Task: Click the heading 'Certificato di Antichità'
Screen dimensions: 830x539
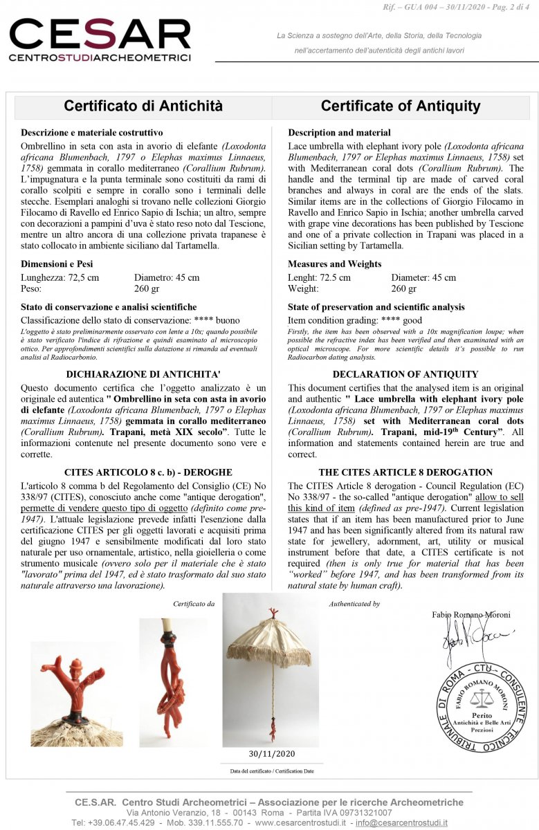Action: tap(143, 106)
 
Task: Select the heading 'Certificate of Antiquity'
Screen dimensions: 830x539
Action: tap(401, 106)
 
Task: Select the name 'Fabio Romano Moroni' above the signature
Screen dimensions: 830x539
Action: tap(471, 615)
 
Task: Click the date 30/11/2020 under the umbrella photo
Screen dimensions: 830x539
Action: tap(271, 754)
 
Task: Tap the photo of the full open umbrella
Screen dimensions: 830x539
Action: tap(271, 669)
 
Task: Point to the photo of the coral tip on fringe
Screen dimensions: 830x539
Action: tap(77, 694)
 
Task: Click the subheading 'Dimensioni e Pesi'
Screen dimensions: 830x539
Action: tap(57, 264)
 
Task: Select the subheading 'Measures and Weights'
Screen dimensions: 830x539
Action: tap(335, 264)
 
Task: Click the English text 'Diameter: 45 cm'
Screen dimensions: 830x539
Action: tap(423, 277)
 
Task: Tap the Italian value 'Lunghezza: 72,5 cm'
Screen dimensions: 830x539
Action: tap(60, 277)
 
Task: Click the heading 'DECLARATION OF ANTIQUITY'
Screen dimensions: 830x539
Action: tap(405, 374)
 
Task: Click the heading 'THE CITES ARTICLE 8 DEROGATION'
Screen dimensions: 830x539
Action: tap(405, 472)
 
